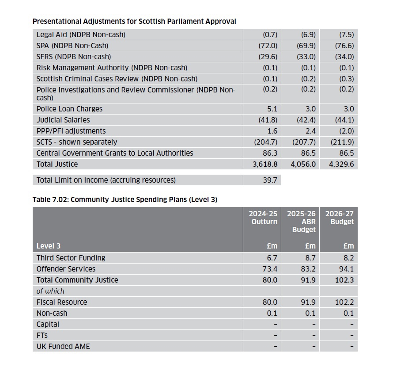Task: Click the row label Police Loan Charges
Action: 69,109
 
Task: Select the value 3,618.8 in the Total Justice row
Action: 264,164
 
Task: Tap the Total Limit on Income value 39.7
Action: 270,180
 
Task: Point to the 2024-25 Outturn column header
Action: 264,218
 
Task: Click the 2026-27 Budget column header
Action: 339,218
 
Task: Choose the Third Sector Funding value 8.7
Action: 308,258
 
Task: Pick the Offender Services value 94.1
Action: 346,269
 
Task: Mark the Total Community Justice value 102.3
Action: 344,280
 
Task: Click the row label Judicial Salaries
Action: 63,120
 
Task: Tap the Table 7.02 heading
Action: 125,199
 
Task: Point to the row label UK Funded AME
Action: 63,346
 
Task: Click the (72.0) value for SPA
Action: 268,46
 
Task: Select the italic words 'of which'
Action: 50,291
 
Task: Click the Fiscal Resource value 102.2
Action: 344,302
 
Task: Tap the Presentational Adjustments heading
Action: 134,21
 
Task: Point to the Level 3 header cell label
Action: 49,246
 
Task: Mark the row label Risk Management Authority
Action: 112,68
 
